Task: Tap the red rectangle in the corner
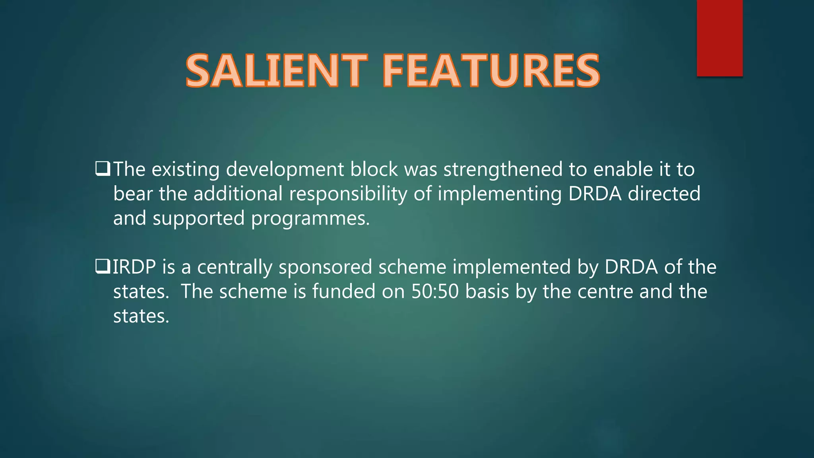point(719,38)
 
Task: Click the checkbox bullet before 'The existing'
point(103,169)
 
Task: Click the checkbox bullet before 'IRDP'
point(103,266)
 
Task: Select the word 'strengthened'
point(503,169)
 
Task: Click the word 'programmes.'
point(310,219)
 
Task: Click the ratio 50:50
point(435,291)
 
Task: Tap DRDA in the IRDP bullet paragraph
point(631,267)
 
